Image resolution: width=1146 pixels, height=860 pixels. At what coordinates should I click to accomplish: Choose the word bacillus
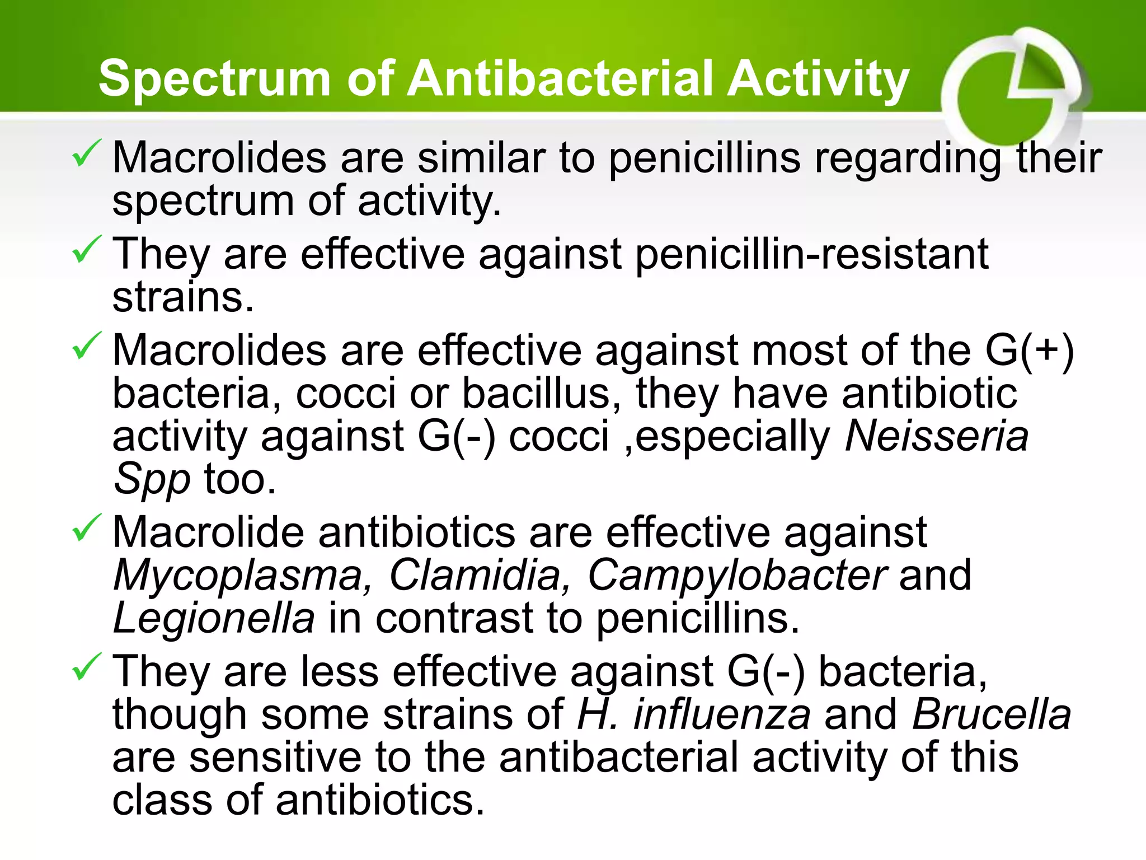pyautogui.click(x=540, y=394)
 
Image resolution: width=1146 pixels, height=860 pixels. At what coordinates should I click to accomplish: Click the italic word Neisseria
pyautogui.click(x=936, y=436)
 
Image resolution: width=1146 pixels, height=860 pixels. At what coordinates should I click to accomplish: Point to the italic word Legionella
pyautogui.click(x=213, y=618)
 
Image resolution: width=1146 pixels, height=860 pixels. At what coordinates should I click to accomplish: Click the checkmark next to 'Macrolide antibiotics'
pyautogui.click(x=86, y=527)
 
